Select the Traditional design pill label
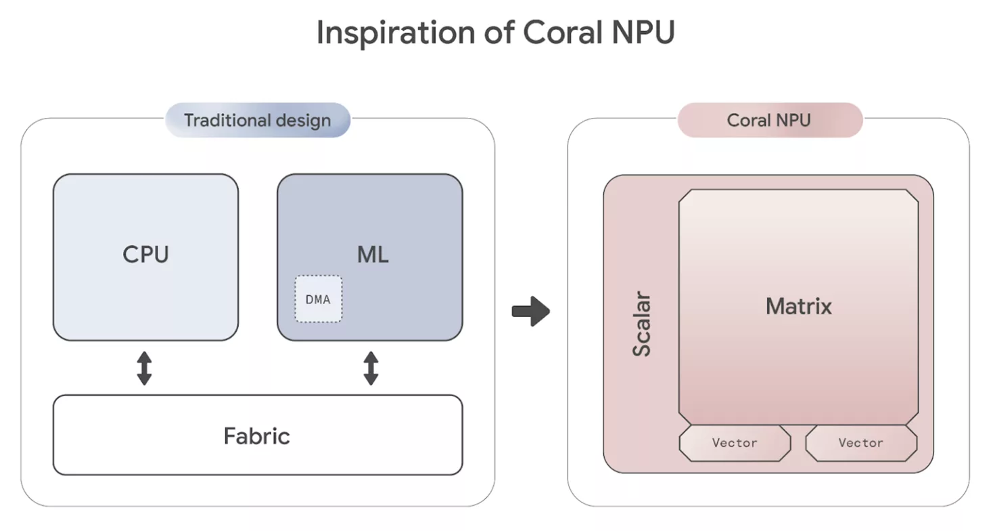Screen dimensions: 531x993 coord(258,121)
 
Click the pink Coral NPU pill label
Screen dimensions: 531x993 coord(769,121)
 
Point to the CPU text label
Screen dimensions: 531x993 coord(145,255)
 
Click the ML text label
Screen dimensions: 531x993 coord(373,255)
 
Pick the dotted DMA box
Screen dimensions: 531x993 coord(318,299)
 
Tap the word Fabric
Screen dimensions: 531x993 coord(257,436)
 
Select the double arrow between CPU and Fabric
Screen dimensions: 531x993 coord(144,368)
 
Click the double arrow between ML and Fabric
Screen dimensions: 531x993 coord(371,368)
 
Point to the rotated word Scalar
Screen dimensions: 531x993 coord(641,324)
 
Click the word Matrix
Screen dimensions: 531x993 coord(799,306)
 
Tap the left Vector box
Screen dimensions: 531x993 coord(735,443)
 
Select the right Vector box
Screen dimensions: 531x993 coord(861,443)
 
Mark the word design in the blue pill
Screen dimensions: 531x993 coord(302,121)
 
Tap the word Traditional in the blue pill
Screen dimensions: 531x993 coord(227,121)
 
